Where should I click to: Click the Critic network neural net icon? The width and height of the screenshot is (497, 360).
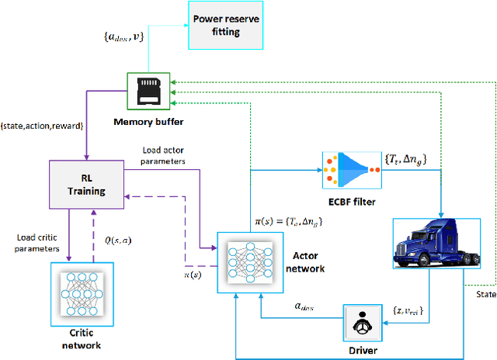click(82, 292)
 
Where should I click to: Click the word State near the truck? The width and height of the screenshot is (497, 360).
click(485, 293)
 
